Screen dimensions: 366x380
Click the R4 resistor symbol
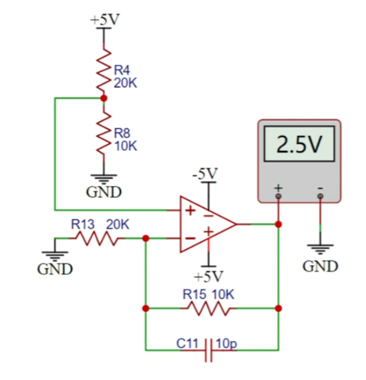pos(104,70)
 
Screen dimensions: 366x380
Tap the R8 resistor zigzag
pos(104,134)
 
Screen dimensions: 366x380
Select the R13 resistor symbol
pos(97,239)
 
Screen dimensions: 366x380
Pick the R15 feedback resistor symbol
pos(209,308)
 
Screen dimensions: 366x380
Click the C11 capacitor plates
pos(209,350)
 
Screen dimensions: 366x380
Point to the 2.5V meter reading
pos(299,144)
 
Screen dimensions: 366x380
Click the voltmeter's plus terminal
pos(279,196)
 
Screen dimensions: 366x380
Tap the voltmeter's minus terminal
pos(320,196)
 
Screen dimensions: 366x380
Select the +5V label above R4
pos(105,19)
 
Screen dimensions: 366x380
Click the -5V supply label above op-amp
pos(205,174)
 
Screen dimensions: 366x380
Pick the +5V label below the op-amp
pos(209,276)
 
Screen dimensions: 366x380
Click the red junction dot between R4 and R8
pos(104,98)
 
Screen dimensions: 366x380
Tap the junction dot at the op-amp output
pos(279,224)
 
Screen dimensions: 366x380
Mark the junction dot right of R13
pos(146,239)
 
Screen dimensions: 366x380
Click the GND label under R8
pos(104,192)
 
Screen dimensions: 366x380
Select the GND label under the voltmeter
pos(320,266)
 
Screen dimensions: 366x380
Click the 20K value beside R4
pos(126,83)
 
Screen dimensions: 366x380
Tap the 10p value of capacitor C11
pos(226,344)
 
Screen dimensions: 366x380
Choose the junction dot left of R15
pos(146,308)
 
